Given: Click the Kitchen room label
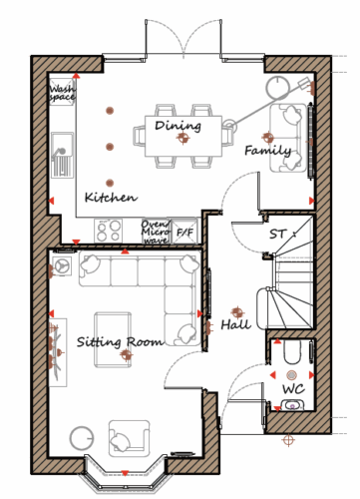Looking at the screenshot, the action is [111, 198].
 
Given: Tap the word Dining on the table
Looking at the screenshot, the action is [178, 126].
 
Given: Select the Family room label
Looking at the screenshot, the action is [268, 151].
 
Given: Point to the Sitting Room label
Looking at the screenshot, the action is [120, 342].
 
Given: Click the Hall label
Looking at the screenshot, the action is [236, 324].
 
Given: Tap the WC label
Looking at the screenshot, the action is [293, 388].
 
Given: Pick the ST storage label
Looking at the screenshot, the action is [277, 235].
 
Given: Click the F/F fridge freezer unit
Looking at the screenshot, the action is [184, 232].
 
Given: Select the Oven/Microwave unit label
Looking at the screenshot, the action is [156, 232].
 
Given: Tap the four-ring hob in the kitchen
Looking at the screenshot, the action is [108, 231].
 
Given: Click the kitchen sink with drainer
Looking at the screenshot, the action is [62, 154].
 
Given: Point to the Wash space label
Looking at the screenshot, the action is [62, 93].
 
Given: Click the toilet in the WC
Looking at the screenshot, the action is [292, 351].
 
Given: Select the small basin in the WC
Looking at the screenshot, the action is [292, 405].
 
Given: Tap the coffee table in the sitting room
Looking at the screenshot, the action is [113, 339].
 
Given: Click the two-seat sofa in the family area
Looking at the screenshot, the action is [288, 138].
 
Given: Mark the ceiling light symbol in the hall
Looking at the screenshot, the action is [237, 312].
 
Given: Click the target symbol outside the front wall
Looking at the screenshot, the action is [288, 440].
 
